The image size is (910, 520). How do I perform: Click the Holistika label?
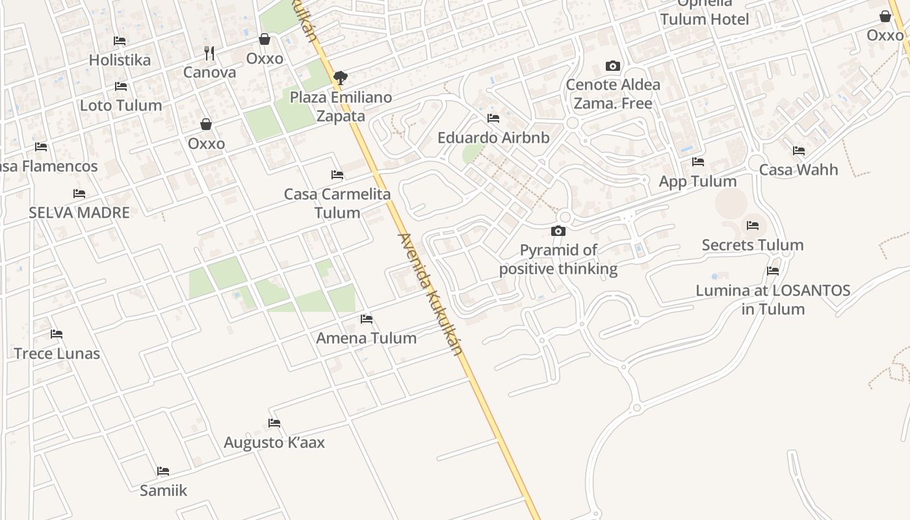click(120, 60)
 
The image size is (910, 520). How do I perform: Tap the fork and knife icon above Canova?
click(209, 53)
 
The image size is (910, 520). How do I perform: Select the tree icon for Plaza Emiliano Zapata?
click(339, 79)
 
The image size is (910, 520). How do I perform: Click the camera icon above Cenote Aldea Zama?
click(612, 66)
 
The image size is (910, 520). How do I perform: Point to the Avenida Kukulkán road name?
click(430, 294)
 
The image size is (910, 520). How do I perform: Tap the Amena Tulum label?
click(366, 338)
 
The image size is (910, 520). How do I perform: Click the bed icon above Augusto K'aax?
click(274, 423)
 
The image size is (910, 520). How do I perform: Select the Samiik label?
click(163, 490)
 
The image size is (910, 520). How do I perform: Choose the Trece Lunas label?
click(57, 354)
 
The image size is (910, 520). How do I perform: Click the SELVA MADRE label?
click(79, 213)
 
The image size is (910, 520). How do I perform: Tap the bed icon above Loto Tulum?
click(120, 86)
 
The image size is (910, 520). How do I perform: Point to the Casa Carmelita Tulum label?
click(337, 203)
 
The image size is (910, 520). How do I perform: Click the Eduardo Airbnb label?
click(493, 138)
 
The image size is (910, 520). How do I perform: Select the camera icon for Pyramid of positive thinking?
click(558, 231)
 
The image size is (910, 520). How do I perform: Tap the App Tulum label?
click(697, 181)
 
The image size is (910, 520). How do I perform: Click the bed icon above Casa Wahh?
click(799, 151)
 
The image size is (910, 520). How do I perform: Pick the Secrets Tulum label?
click(753, 245)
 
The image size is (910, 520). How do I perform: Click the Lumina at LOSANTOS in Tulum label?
click(773, 299)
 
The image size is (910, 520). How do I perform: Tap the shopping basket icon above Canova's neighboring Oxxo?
click(265, 40)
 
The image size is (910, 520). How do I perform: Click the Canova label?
click(209, 72)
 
